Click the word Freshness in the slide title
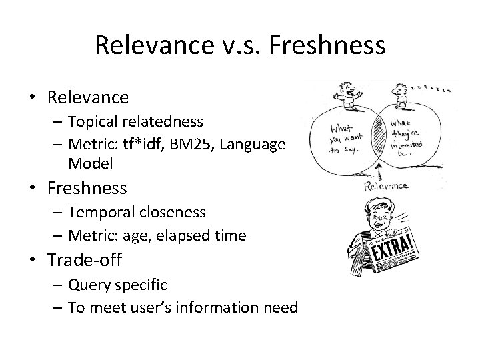(x=331, y=45)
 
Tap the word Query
(x=89, y=285)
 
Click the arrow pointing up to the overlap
(x=379, y=172)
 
